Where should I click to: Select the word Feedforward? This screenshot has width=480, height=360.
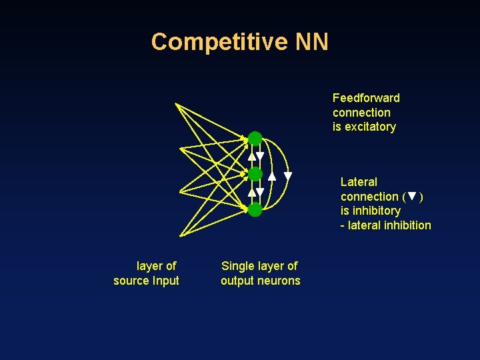366,98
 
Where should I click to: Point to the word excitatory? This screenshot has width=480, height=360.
370,127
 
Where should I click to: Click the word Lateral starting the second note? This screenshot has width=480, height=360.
359,182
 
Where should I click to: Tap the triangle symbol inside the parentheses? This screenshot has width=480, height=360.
412,197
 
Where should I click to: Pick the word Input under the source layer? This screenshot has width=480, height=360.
165,281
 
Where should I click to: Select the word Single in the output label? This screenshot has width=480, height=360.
237,266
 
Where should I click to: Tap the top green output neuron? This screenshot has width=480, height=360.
255,139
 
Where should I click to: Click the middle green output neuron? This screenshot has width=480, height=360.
255,174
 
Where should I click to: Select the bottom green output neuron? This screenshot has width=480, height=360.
255,210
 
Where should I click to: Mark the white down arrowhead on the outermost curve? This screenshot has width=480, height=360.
288,177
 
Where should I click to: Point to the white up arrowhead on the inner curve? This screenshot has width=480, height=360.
272,177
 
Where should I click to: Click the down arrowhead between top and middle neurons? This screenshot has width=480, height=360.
261,157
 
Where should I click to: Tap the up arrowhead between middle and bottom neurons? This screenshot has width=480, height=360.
251,192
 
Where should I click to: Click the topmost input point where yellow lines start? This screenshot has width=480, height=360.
175,104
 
